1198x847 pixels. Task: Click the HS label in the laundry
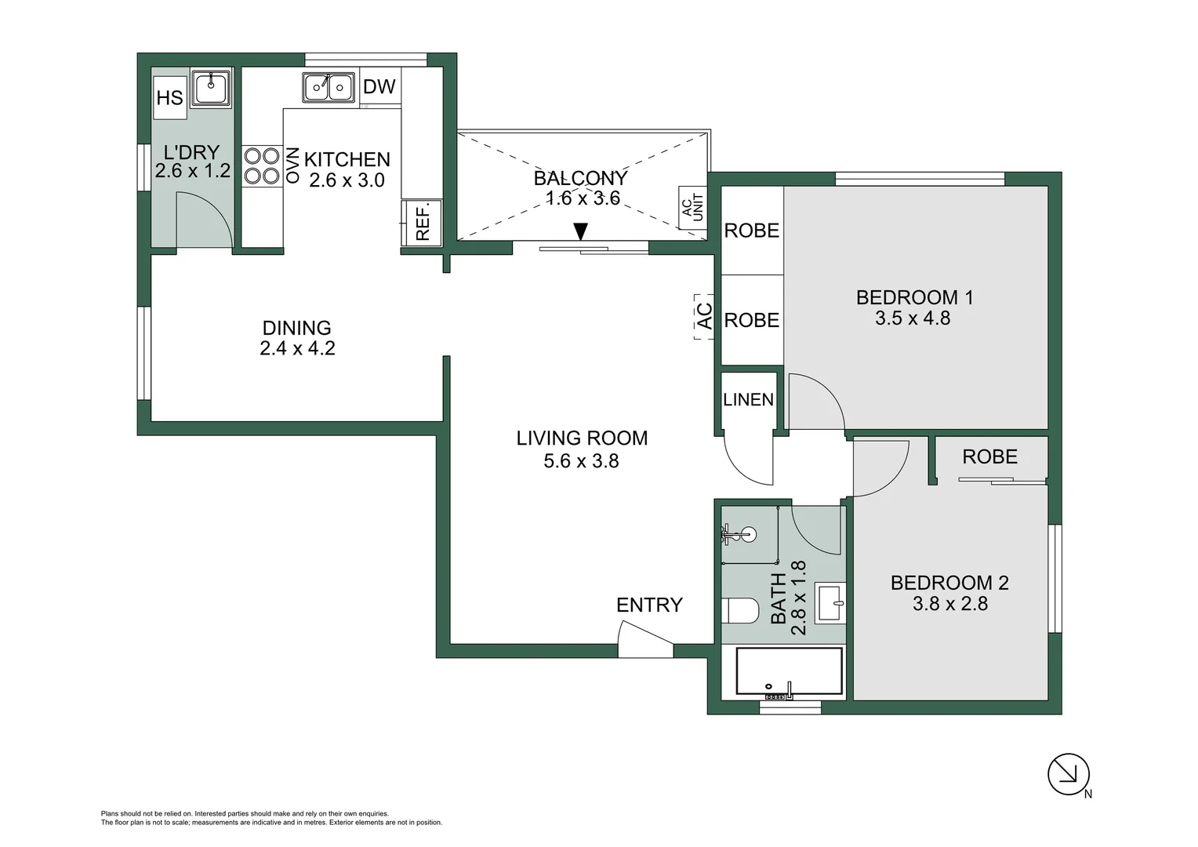169,98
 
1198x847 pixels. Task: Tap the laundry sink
212,87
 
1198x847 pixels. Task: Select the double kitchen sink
329,87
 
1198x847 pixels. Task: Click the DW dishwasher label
379,87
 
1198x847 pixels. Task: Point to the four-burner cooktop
261,165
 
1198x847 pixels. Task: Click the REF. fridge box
423,223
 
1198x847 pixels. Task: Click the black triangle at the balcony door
580,231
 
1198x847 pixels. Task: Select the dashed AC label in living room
704,316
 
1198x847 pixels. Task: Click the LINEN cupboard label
748,400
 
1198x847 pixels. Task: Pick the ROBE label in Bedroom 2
989,457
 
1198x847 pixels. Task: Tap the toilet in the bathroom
739,611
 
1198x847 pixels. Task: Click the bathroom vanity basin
830,602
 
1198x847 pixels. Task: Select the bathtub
790,672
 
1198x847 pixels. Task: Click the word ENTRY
649,605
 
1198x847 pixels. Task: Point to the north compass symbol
1069,774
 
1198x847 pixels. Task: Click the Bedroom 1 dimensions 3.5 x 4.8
913,318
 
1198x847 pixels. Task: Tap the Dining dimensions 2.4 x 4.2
297,348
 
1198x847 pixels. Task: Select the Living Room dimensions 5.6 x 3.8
581,461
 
